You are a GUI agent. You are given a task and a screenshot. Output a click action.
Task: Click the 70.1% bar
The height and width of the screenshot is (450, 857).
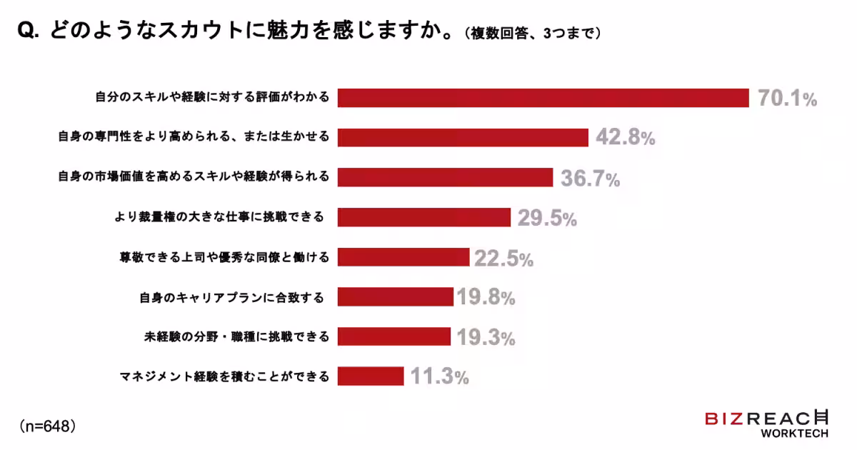(543, 98)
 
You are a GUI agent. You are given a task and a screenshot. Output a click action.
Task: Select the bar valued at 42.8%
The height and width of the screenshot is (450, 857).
(463, 138)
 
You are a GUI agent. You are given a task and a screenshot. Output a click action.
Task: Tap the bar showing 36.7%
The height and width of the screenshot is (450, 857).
(445, 177)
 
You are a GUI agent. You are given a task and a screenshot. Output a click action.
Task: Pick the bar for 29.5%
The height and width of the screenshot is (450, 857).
(424, 217)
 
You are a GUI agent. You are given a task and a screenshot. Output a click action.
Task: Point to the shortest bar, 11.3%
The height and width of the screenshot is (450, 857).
(371, 376)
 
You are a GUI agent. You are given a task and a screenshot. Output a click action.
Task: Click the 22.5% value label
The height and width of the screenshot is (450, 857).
(504, 259)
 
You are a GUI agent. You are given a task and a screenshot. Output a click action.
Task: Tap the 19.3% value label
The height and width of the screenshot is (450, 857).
(486, 337)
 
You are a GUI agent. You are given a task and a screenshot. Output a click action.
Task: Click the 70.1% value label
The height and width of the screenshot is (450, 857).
(787, 99)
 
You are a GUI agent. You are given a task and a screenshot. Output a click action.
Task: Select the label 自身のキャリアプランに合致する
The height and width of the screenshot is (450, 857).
(232, 296)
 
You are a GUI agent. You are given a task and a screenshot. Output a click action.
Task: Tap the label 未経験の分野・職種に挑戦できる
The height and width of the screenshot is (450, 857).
(232, 336)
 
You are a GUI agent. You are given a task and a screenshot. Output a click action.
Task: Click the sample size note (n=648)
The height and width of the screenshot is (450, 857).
(47, 426)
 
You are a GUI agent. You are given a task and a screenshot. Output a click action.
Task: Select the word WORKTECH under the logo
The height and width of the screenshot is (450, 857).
(794, 434)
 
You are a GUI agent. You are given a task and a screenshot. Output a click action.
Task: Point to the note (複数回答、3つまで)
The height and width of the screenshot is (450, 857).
(532, 34)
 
